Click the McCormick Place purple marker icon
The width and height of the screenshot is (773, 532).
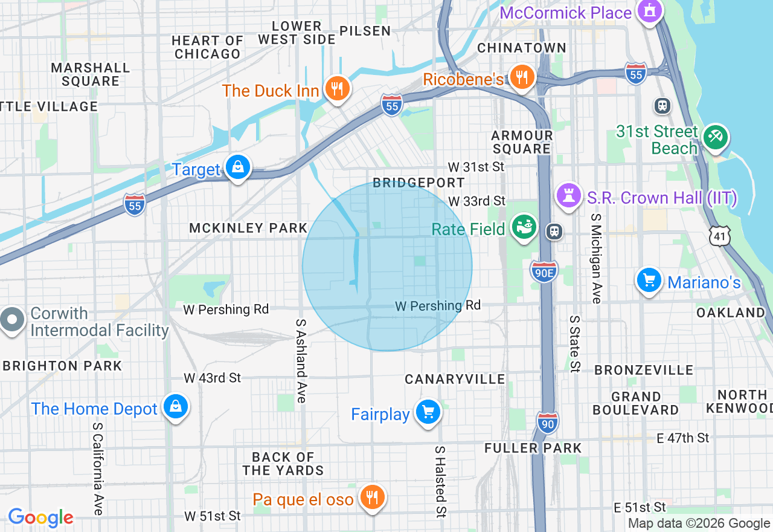coord(650,11)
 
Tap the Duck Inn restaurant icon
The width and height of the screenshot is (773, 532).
coord(338,89)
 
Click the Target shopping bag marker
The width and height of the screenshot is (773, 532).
coord(238,167)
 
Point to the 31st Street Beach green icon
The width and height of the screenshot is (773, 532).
coord(716,136)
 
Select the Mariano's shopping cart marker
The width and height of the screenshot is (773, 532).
coord(649,280)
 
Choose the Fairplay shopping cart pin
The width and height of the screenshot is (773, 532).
coord(428,412)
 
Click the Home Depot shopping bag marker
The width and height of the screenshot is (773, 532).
coord(176,407)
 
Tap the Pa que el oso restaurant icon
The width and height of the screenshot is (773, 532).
coord(372,497)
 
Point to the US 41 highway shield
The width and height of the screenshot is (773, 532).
coord(720,236)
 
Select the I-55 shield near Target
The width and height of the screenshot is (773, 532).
coord(135,204)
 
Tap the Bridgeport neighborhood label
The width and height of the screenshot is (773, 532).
coord(419,183)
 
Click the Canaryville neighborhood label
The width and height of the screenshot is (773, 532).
coord(455,379)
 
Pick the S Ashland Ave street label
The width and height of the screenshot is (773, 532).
coord(301,361)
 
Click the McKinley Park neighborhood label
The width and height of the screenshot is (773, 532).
coord(248,228)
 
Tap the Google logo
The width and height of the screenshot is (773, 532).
coord(40,517)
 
